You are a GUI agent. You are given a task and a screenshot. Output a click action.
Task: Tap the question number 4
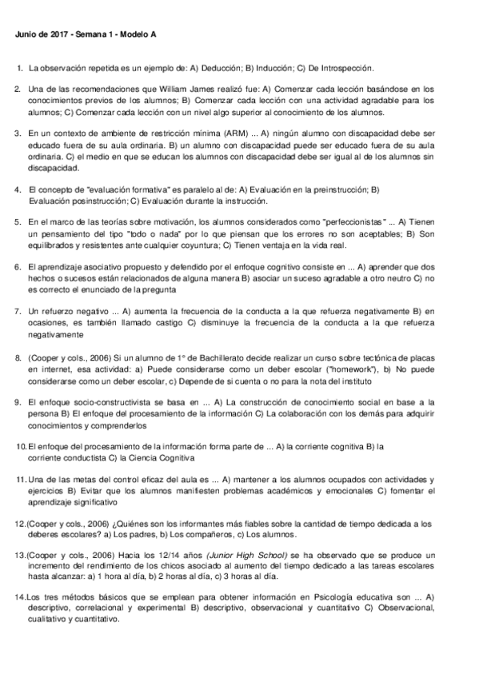pos(18,189)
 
